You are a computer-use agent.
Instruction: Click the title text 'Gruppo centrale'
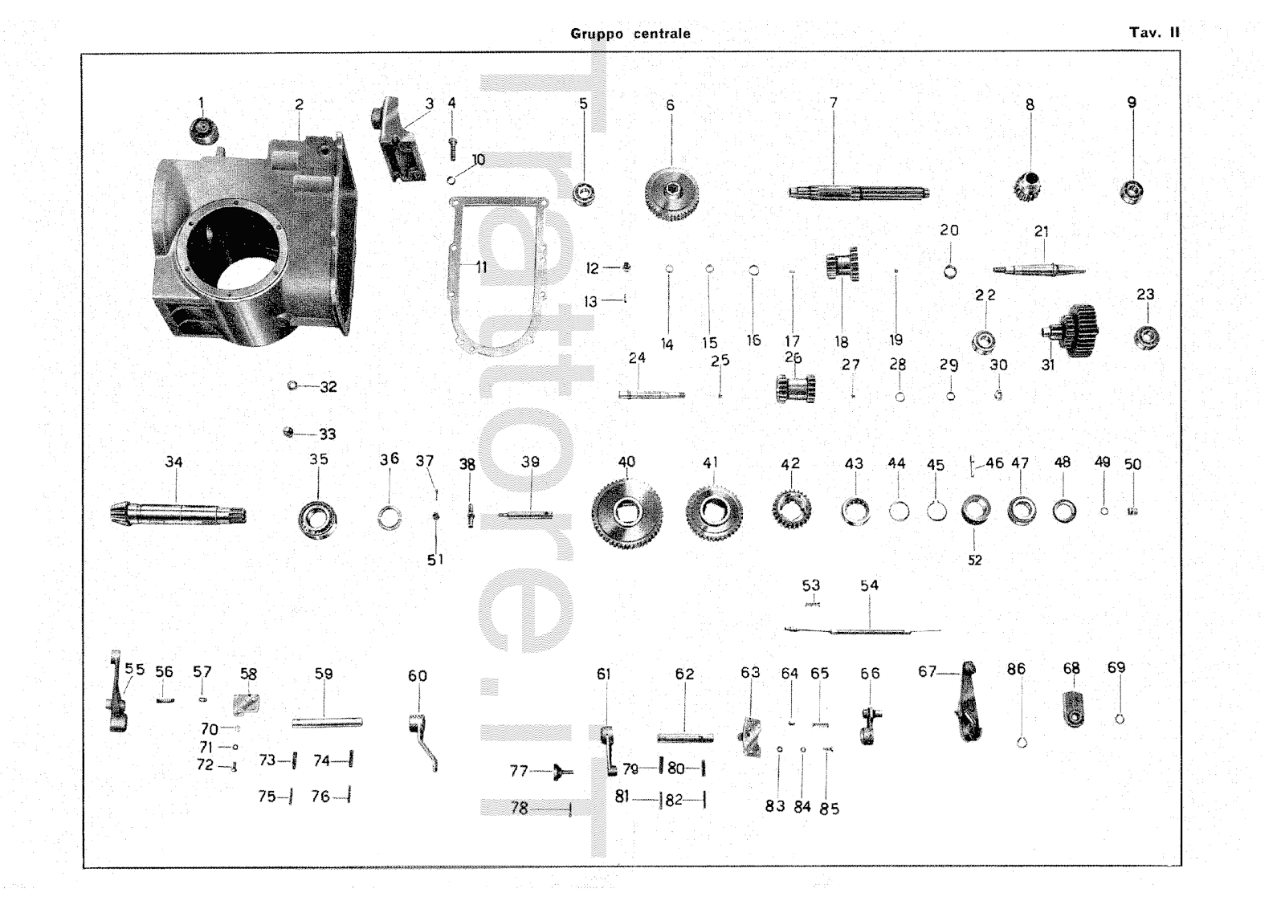click(630, 34)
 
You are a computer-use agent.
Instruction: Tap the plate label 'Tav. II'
click(1154, 33)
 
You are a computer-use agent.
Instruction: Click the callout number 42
click(790, 464)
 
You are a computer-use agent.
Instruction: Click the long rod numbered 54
click(867, 631)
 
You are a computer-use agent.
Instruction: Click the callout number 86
click(1016, 668)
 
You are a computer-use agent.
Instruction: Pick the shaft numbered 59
click(326, 723)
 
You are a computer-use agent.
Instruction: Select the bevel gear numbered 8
click(1028, 188)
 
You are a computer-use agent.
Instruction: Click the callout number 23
click(1145, 295)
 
